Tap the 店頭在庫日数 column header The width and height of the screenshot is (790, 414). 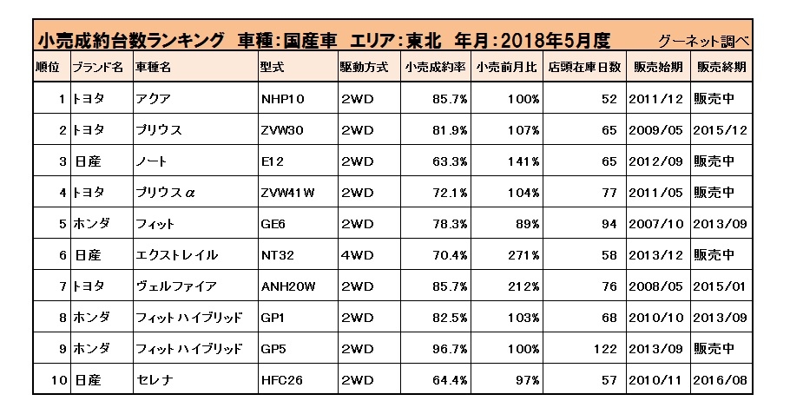pos(590,67)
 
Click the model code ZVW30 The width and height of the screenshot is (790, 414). pos(282,130)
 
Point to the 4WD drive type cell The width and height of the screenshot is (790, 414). pos(358,255)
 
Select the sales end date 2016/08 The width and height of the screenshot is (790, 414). pos(720,380)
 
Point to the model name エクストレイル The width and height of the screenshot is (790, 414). pos(175,255)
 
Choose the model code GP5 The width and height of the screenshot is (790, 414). pos(273,349)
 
